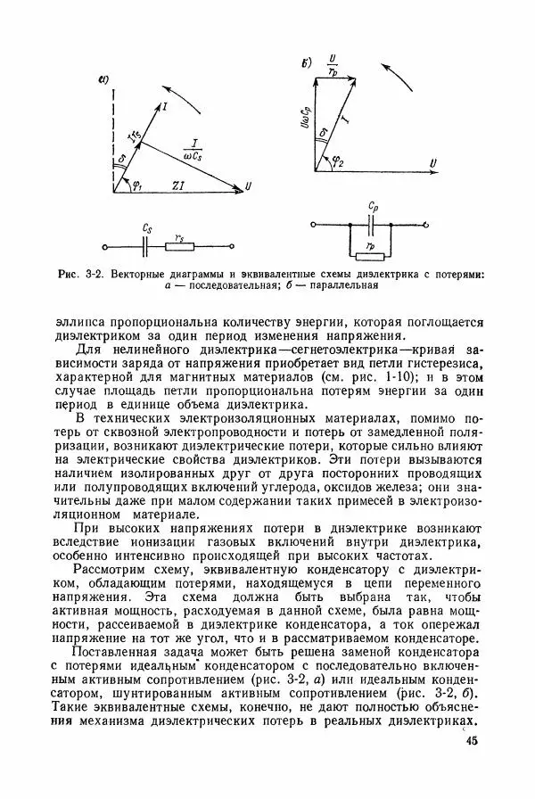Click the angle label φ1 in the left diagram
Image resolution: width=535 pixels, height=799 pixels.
click(x=136, y=185)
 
